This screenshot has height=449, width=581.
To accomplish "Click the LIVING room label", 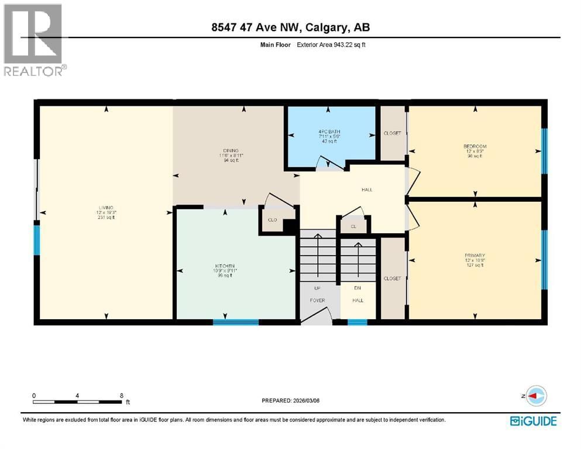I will click(106, 207).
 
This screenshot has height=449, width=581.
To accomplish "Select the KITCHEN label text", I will click(224, 265).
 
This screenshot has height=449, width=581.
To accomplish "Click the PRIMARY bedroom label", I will click(475, 255).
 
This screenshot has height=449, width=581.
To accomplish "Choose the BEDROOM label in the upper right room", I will click(475, 146).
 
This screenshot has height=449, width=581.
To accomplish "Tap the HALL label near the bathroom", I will click(367, 189).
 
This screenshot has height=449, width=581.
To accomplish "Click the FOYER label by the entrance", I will click(317, 301).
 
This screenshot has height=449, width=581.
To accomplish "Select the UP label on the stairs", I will click(317, 288).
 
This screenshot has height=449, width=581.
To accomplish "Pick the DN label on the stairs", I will click(357, 288).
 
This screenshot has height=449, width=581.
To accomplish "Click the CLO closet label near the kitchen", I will click(272, 220).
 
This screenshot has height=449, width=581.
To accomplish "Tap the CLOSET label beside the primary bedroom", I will click(393, 278).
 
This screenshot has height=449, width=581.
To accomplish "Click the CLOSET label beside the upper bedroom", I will click(393, 133).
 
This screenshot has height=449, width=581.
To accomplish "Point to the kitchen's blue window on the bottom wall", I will click(236, 322).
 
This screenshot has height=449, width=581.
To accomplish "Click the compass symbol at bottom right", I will click(536, 396).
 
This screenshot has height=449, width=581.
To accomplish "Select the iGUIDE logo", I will click(533, 420).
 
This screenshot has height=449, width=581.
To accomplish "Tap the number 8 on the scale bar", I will click(121, 395).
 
